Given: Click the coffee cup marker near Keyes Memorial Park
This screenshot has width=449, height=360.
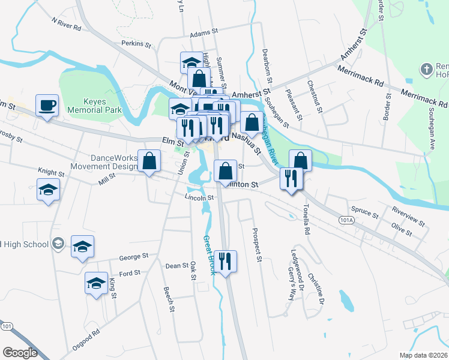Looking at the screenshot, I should click(x=47, y=106).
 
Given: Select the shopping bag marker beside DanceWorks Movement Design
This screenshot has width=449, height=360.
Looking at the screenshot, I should click(x=149, y=161).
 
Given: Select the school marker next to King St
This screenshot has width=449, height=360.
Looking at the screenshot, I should click(x=95, y=284).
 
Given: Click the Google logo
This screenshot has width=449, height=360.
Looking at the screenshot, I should click(x=20, y=352).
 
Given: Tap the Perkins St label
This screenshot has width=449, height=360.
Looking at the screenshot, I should click(x=136, y=44).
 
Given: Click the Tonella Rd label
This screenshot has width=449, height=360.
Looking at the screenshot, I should click(x=306, y=221).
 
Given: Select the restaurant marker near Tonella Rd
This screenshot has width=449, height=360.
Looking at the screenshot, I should click(x=292, y=179).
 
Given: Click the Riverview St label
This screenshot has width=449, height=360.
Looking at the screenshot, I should click(x=408, y=217).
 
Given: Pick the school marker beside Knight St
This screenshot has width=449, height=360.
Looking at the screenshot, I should click(x=49, y=190).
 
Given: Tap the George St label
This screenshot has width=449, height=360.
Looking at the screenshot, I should click(x=133, y=257).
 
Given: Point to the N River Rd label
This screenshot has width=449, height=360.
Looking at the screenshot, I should click(x=65, y=23).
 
